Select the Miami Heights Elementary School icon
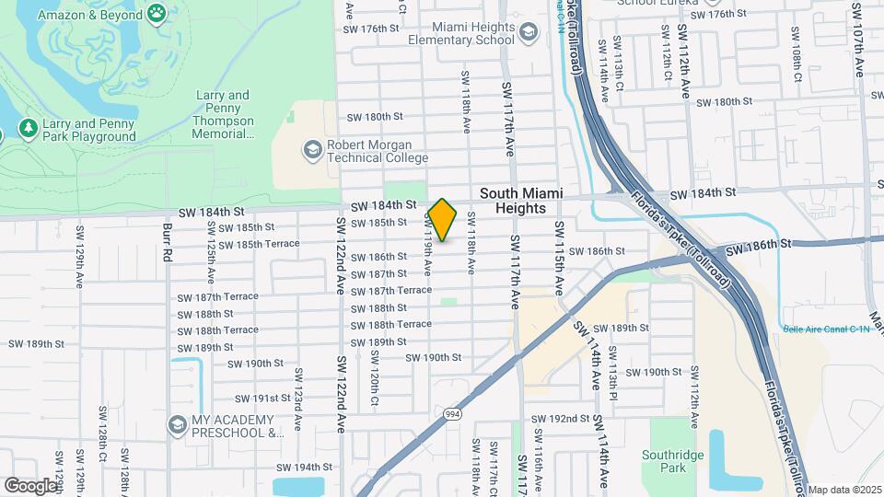(x=528, y=34)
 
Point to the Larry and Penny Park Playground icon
(x=29, y=130)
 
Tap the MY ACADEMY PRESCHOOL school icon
(x=178, y=424)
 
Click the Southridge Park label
(x=673, y=461)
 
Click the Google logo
(x=30, y=484)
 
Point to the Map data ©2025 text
(x=844, y=490)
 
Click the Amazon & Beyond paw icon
(x=157, y=14)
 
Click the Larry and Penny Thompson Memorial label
(x=223, y=114)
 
